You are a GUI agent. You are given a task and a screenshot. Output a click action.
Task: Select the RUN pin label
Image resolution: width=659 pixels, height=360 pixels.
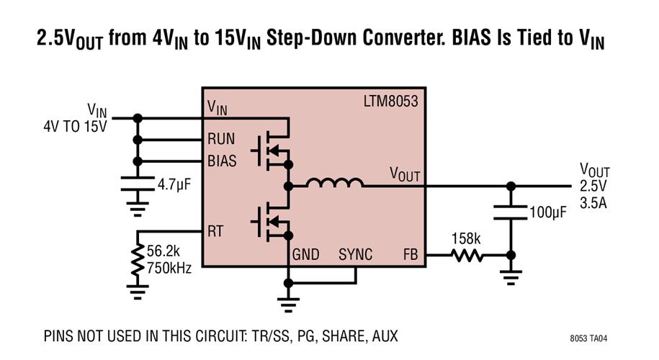pyautogui.click(x=222, y=140)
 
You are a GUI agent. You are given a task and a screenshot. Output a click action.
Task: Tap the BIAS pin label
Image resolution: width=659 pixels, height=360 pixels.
pyautogui.click(x=223, y=161)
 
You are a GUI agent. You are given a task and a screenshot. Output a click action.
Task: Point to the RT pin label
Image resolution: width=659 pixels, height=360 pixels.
pyautogui.click(x=215, y=231)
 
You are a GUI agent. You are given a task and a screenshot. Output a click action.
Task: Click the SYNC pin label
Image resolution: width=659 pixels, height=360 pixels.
pyautogui.click(x=356, y=255)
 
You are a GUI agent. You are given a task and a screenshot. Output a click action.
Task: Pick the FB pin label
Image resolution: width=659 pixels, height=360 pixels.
pyautogui.click(x=409, y=255)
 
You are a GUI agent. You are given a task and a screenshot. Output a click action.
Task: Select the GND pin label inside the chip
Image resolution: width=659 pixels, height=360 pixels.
pyautogui.click(x=306, y=255)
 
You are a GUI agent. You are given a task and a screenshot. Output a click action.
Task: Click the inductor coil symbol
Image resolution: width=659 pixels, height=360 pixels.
pyautogui.click(x=334, y=185)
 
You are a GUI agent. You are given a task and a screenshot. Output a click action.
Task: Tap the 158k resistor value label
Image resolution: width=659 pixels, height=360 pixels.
pyautogui.click(x=466, y=238)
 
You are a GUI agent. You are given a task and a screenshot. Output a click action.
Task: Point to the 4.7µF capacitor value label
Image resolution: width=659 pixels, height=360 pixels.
pyautogui.click(x=175, y=185)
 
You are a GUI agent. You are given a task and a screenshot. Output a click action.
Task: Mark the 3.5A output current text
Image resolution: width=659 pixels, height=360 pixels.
pyautogui.click(x=594, y=202)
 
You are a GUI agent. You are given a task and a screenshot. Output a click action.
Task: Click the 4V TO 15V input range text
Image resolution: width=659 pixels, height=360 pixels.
pyautogui.click(x=74, y=127)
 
